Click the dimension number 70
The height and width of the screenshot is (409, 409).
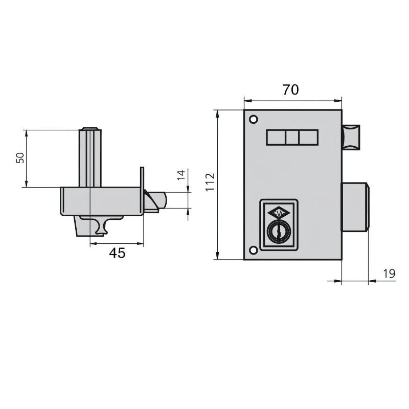[290, 90]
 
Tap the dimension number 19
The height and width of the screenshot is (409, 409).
[389, 274]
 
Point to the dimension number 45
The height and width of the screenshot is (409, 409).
[117, 253]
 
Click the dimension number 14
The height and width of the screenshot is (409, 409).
[180, 175]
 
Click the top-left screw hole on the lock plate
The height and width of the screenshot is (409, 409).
[253, 120]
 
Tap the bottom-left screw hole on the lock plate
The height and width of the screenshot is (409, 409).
[253, 251]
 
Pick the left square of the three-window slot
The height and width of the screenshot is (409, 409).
[276, 138]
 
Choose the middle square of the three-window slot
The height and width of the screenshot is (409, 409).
[292, 138]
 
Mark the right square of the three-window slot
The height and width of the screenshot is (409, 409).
[308, 138]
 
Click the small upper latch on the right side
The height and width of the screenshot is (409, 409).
[351, 137]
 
